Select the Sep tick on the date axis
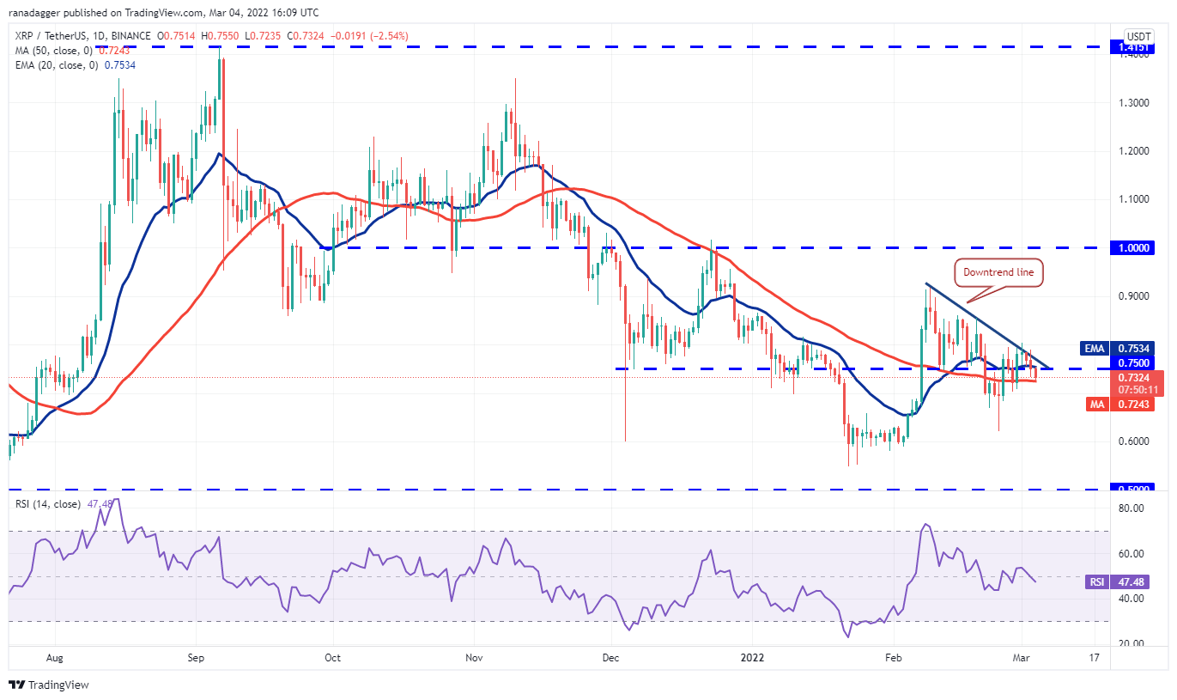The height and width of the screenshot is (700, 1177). tap(196, 659)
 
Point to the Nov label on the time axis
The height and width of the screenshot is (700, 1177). tap(473, 659)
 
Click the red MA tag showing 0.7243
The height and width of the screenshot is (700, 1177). tap(1095, 404)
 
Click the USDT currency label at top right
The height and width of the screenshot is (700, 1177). tap(1138, 36)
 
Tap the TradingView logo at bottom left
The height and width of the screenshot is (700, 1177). tap(49, 685)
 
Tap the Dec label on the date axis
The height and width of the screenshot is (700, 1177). tap(611, 659)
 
